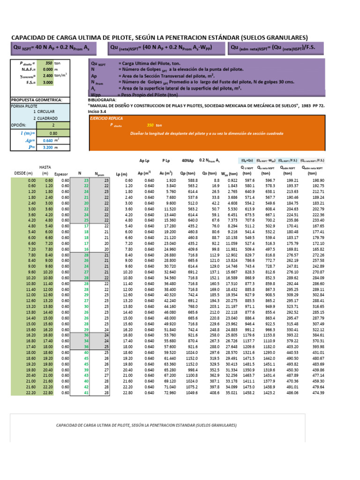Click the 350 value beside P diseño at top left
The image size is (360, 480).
(x=48, y=62)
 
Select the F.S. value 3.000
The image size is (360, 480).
(x=46, y=82)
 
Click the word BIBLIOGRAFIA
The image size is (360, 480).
(x=102, y=100)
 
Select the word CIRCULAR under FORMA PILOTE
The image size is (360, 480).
(x=46, y=112)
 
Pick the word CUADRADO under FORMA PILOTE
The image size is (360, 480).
(x=47, y=119)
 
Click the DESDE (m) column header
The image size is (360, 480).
(x=23, y=173)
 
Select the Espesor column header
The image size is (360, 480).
(x=61, y=173)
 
